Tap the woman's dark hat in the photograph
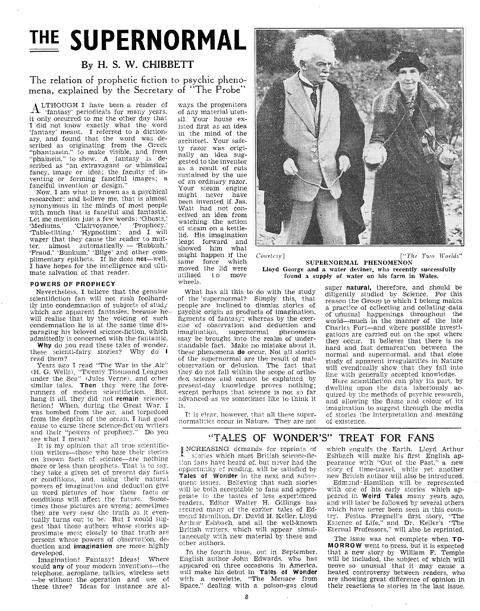point(406,61)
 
